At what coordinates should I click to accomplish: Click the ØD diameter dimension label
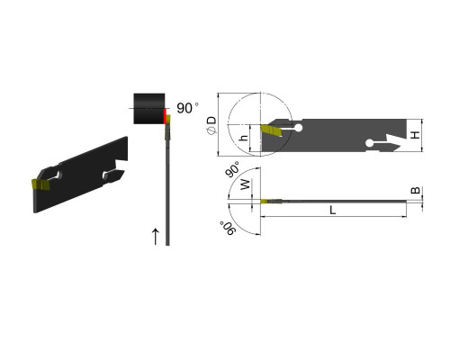click(211, 125)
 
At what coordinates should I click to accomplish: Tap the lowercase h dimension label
click(245, 138)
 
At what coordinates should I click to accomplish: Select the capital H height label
click(415, 135)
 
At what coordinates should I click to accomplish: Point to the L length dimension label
click(333, 210)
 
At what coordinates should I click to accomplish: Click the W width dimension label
click(246, 184)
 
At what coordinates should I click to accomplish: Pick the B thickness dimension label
click(415, 190)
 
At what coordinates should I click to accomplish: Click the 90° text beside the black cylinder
click(187, 108)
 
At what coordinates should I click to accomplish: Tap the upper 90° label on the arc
click(233, 169)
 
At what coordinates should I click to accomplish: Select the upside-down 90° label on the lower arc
click(228, 229)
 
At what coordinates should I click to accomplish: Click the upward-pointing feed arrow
click(155, 237)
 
